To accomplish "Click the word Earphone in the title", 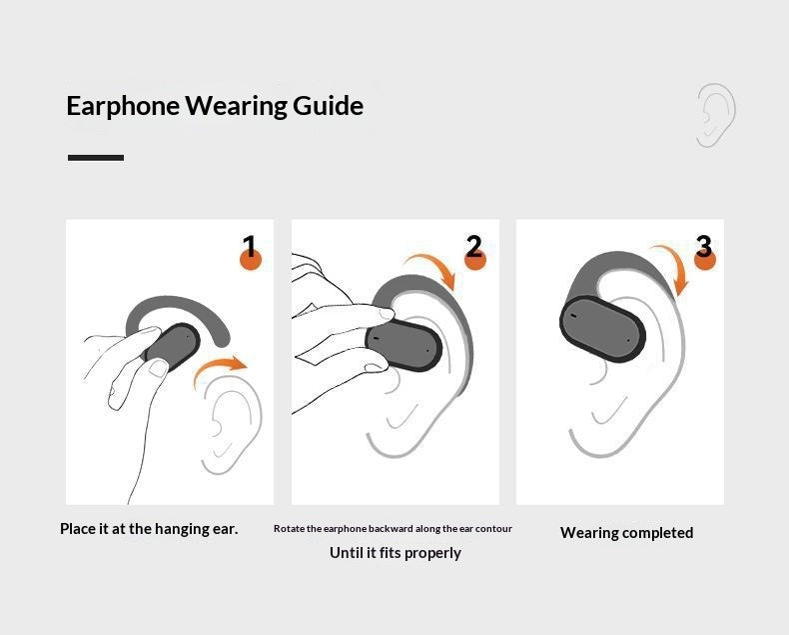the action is tap(123, 106).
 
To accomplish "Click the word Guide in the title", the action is tap(328, 107).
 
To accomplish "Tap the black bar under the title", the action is tap(96, 158).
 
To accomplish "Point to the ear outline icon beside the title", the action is tap(714, 115).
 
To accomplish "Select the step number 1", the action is tap(250, 246).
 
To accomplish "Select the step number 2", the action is tap(473, 246).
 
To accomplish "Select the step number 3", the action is tap(703, 246).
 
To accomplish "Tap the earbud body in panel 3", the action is tap(602, 329).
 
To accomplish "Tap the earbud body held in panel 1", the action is tap(174, 347).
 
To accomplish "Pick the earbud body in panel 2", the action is tap(404, 345).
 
